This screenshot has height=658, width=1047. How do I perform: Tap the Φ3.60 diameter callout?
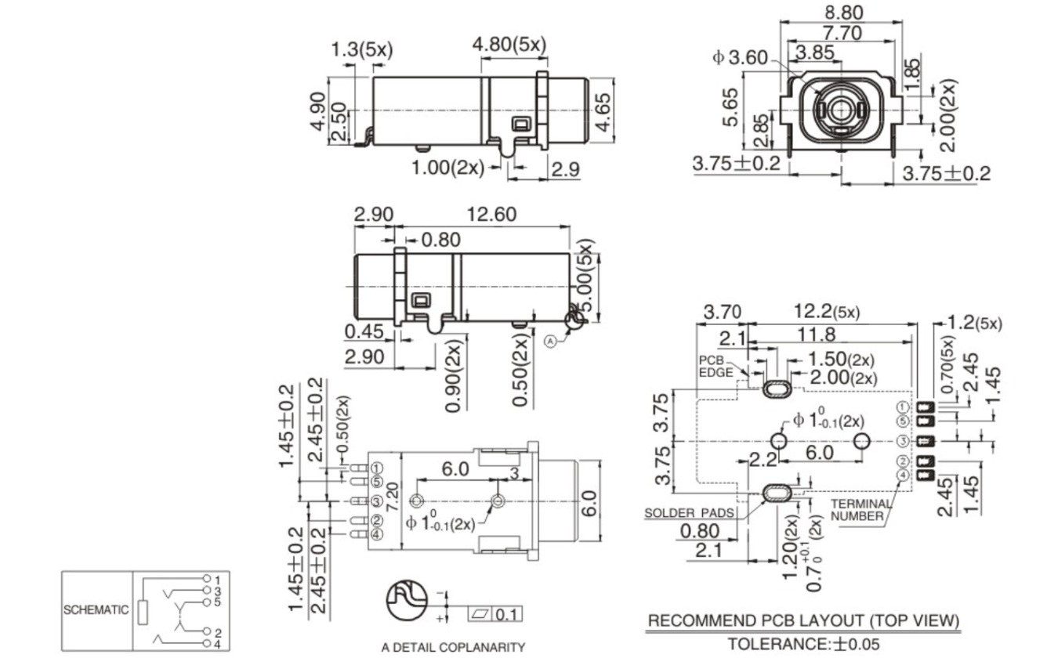739,58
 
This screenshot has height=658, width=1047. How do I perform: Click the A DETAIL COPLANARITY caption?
452,647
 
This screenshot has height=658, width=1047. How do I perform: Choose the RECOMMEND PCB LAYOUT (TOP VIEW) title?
802,621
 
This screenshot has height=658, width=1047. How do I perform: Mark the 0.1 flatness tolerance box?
505,614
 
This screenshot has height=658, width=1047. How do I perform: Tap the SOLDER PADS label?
689,513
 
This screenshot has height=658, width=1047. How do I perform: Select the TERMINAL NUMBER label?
860,510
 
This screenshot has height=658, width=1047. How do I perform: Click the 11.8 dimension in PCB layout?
816,335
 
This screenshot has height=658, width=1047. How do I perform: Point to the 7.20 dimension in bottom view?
394,494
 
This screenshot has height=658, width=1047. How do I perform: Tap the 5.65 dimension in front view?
730,107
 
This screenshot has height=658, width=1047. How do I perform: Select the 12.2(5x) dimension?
824,312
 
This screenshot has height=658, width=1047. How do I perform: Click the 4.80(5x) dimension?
509,45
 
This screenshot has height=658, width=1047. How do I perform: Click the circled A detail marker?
550,341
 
